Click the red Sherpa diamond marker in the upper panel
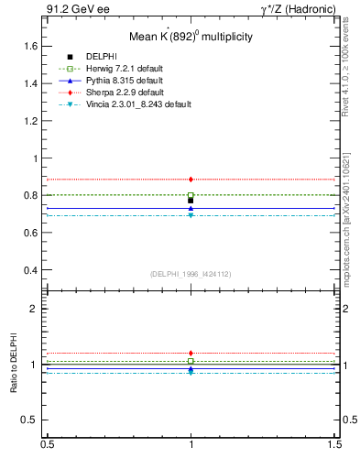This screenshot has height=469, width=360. click(x=191, y=180)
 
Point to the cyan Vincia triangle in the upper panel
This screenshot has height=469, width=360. click(x=191, y=214)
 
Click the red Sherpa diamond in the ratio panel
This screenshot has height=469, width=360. click(x=191, y=353)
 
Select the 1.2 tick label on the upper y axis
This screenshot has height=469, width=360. click(x=30, y=121)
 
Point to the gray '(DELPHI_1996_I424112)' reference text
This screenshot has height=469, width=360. click(x=191, y=274)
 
